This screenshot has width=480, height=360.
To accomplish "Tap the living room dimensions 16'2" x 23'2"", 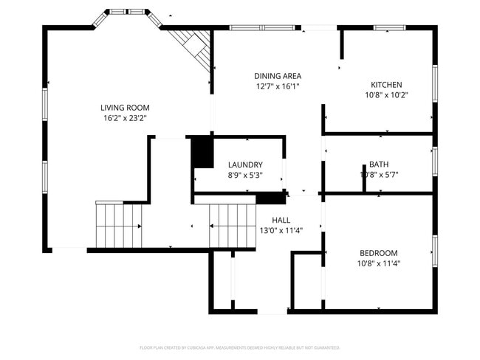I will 125,117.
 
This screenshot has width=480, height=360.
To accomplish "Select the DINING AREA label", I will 277,76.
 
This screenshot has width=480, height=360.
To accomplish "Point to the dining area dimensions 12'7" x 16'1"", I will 277,86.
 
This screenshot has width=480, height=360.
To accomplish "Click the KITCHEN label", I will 386,84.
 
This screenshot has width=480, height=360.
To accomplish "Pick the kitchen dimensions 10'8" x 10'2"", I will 386,94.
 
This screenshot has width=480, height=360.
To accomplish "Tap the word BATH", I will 379,165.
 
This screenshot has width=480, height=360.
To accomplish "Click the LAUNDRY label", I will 245,165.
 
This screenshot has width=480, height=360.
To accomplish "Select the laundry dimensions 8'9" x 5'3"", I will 245,175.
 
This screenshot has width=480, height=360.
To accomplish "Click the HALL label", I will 281,220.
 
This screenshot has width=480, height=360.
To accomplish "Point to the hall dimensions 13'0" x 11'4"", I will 281,230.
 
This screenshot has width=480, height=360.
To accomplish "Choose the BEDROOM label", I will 379,252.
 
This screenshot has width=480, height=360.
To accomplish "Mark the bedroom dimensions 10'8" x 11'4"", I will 379,263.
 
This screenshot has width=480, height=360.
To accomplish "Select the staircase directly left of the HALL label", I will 232,226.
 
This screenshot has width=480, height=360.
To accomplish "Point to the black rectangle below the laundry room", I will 271,198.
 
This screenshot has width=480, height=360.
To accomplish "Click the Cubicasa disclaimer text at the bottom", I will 239,347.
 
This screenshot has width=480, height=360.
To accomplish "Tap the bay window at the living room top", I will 125,13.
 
